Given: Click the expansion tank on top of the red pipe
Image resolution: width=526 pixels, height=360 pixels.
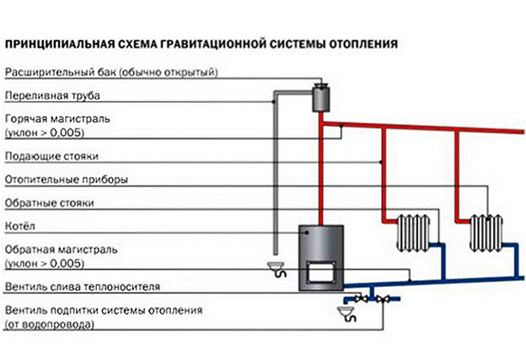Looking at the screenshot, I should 320,96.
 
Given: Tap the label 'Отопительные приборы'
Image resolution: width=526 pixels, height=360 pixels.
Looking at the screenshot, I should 55,180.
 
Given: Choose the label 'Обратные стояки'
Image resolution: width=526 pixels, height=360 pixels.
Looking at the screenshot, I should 44,203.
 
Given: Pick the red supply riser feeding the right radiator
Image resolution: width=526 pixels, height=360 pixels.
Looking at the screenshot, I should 455,177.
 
